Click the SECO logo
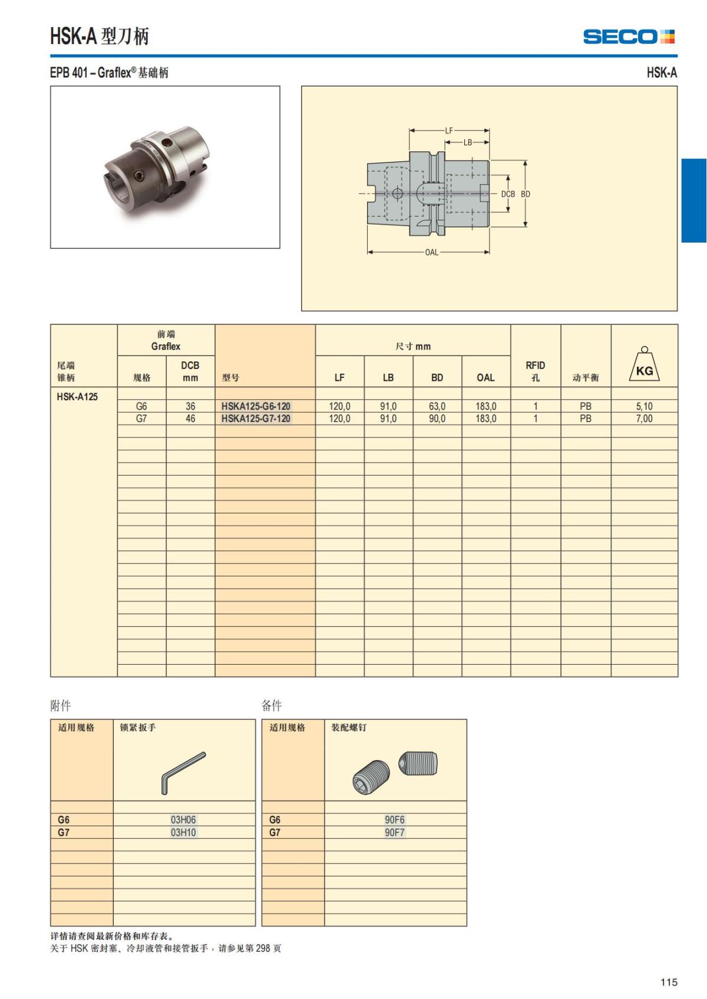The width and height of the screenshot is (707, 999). click(629, 36)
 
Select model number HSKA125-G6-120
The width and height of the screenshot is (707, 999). click(256, 406)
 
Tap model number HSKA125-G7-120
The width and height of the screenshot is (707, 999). click(256, 419)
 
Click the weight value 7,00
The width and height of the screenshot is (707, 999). click(644, 419)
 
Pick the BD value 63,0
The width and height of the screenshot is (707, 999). click(437, 406)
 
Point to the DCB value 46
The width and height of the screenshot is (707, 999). click(190, 419)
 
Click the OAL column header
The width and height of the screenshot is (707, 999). click(485, 377)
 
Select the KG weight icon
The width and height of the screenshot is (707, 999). click(644, 365)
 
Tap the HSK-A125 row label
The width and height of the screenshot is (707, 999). click(77, 397)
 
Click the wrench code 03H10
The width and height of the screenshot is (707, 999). click(183, 832)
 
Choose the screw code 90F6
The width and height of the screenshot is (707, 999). click(395, 819)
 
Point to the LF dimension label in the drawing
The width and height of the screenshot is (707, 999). click(449, 130)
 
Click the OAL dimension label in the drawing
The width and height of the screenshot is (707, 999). click(432, 252)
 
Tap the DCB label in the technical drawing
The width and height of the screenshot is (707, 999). click(508, 194)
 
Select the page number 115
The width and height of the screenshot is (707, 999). click(669, 982)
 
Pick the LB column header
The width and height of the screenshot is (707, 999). click(388, 377)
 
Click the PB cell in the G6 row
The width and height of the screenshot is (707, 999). click(585, 406)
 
